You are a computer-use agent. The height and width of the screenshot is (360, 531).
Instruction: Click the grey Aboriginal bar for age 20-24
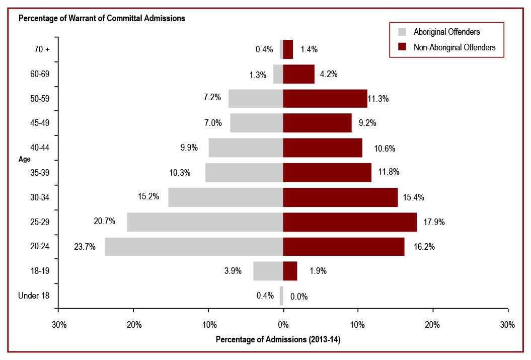pos(194,247)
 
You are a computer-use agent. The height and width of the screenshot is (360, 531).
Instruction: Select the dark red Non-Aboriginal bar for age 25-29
pos(350,222)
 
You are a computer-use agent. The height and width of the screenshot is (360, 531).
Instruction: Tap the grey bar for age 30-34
pos(225,197)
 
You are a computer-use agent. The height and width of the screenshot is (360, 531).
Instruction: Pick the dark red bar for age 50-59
pos(325,99)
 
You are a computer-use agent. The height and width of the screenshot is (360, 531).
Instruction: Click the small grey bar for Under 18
pos(281,296)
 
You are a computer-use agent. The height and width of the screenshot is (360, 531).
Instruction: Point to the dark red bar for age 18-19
pos(290,271)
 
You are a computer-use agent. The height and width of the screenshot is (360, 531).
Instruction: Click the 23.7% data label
pos(85,247)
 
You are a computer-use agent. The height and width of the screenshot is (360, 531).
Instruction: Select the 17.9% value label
pos(434,222)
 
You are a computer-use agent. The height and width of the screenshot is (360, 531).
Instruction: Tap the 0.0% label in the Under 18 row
pos(299,296)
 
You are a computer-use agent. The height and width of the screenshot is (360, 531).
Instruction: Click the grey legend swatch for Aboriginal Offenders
pos(402,32)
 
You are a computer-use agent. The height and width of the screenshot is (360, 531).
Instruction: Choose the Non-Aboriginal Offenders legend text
pos(454,47)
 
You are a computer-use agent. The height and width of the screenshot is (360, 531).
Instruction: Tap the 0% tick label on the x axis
pos(283,325)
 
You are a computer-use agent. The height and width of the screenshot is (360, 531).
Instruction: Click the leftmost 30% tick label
pos(59,325)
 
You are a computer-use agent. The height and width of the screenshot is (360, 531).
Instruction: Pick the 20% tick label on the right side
pos(433,325)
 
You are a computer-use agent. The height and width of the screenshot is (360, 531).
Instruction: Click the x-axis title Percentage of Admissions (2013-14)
pos(278,340)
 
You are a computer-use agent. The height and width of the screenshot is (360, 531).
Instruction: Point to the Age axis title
pos(25,159)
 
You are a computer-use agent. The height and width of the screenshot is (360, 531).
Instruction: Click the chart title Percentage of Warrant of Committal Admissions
pos(102,19)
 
